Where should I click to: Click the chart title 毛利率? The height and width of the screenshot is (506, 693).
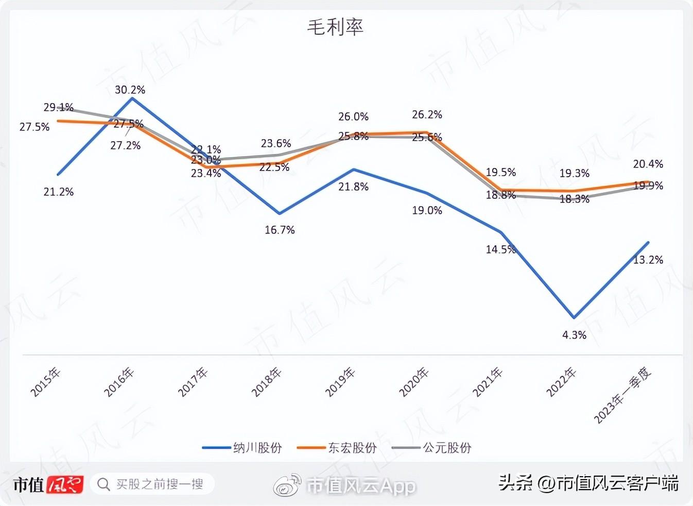click(x=335, y=27)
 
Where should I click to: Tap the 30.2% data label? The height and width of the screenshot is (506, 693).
click(x=130, y=90)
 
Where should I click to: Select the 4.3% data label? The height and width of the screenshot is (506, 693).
click(x=574, y=335)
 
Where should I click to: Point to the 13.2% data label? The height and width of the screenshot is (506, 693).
click(x=648, y=260)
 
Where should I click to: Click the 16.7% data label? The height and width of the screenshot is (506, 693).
click(x=280, y=230)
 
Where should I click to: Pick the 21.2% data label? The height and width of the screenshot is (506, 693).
click(x=59, y=192)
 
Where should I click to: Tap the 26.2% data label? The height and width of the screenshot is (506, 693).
click(x=427, y=114)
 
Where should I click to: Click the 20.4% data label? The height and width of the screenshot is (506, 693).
click(x=648, y=164)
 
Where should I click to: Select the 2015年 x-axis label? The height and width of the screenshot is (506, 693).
click(x=46, y=382)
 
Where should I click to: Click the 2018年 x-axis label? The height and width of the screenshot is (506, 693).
click(x=267, y=382)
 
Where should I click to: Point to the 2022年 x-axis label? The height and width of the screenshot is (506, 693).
click(x=561, y=382)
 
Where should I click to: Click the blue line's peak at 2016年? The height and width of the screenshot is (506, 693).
click(x=132, y=97)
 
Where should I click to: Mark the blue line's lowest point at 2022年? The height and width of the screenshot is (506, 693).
click(x=574, y=317)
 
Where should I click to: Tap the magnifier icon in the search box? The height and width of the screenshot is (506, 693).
click(x=103, y=484)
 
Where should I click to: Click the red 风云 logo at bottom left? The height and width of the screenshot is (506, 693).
click(x=64, y=484)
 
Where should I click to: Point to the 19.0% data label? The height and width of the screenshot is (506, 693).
click(x=427, y=210)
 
